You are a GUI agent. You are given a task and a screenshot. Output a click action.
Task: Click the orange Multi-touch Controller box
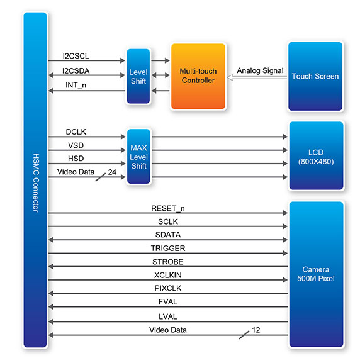pyautogui.click(x=198, y=76)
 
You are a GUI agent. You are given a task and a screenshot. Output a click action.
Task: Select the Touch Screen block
pyautogui.click(x=315, y=76)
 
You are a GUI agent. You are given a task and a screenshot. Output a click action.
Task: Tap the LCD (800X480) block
pyautogui.click(x=316, y=155)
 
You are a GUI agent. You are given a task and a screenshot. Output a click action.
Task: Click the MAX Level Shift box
pyautogui.click(x=138, y=157)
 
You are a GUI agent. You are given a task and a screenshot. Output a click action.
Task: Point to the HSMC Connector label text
pyautogui.click(x=36, y=182)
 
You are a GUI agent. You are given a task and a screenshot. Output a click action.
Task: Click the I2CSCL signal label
pyautogui.click(x=76, y=56)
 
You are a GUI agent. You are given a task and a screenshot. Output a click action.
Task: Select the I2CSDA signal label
pyautogui.click(x=76, y=71)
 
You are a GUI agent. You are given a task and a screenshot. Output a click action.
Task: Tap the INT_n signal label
pyautogui.click(x=76, y=85)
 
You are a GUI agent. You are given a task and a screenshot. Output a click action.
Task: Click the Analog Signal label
pyautogui.click(x=260, y=70)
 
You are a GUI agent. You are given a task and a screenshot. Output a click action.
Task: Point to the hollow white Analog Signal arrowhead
pyautogui.click(x=230, y=77)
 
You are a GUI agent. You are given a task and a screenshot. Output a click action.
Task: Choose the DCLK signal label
pyautogui.click(x=76, y=132)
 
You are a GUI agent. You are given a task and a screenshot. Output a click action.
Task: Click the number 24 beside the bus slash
pyautogui.click(x=112, y=172)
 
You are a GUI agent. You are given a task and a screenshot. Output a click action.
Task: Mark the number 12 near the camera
pyautogui.click(x=256, y=330)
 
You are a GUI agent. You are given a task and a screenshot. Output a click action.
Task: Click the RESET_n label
pyautogui.click(x=167, y=208)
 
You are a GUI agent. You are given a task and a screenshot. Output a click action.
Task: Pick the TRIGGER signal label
pyautogui.click(x=168, y=248)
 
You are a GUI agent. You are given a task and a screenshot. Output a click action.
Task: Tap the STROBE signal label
pyautogui.click(x=167, y=262)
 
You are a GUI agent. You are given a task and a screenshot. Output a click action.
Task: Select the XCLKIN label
pyautogui.click(x=167, y=275)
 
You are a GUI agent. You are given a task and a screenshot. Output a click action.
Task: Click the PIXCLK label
pyautogui.click(x=167, y=288)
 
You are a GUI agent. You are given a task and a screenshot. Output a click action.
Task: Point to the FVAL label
pyautogui.click(x=167, y=302)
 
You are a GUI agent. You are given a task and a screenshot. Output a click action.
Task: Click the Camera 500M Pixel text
pyautogui.click(x=316, y=274)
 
